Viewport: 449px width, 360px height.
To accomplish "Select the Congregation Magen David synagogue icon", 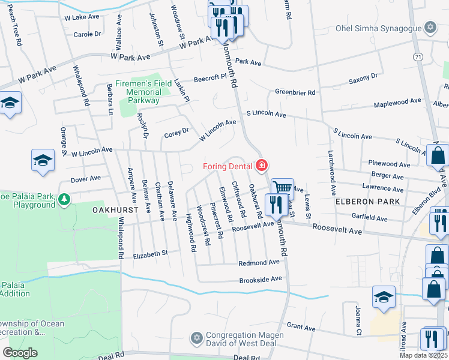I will (196, 339).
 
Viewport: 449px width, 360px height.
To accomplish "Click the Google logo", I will (20, 353).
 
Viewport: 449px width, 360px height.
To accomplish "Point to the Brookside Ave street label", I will (260, 280).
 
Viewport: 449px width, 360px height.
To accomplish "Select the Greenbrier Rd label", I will (295, 92).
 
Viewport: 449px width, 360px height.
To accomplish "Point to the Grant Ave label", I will (301, 328).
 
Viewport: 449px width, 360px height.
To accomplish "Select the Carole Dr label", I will (87, 34).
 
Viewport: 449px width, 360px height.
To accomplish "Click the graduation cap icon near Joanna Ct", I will (384, 298).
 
